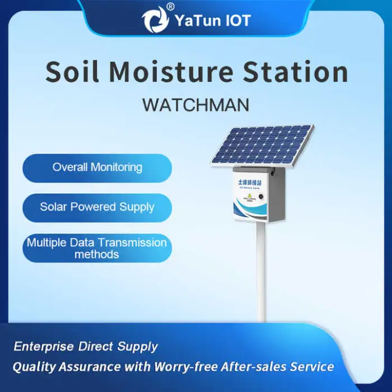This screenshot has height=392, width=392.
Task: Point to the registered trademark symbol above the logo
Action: click(170, 7)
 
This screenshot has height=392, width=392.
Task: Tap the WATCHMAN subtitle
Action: click(195, 105)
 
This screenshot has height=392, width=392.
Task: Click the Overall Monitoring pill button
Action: click(97, 167)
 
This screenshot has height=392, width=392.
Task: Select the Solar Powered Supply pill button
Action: click(97, 207)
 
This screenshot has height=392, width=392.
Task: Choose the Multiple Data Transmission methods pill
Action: click(97, 248)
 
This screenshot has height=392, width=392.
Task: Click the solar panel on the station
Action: click(263, 144)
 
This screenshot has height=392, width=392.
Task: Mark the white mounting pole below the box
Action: click(261, 274)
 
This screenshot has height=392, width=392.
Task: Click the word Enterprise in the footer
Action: click(44, 347)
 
